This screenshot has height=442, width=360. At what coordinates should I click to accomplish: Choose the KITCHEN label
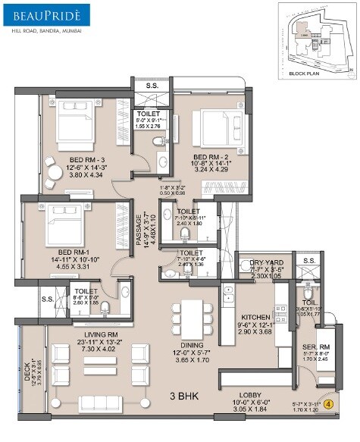255,317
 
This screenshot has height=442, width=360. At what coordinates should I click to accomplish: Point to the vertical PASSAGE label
139,227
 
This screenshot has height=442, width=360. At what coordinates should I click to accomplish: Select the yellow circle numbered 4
327,405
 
